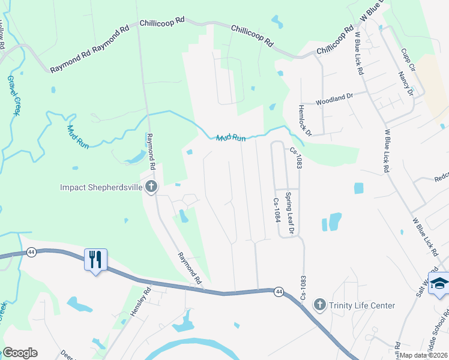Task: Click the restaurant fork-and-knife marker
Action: [x=95, y=260]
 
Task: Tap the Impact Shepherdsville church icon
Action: [x=151, y=187]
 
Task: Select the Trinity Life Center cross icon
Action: [x=319, y=305]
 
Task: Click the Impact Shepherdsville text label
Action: [x=101, y=187]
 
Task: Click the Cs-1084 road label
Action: [x=277, y=211]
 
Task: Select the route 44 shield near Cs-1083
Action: [x=278, y=292]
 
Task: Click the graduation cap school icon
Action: [x=439, y=284]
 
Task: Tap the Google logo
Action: [x=20, y=353]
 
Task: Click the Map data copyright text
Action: [x=423, y=355]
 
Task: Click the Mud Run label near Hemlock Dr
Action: [x=231, y=138]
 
